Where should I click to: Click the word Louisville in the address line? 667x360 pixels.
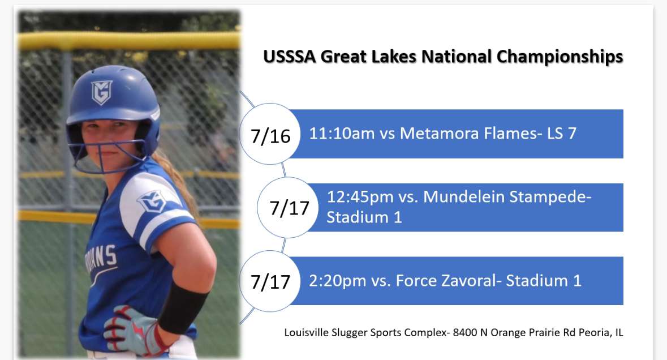(x=305, y=333)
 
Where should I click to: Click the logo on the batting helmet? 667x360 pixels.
(x=101, y=92)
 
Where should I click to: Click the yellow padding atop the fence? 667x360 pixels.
(x=130, y=41)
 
